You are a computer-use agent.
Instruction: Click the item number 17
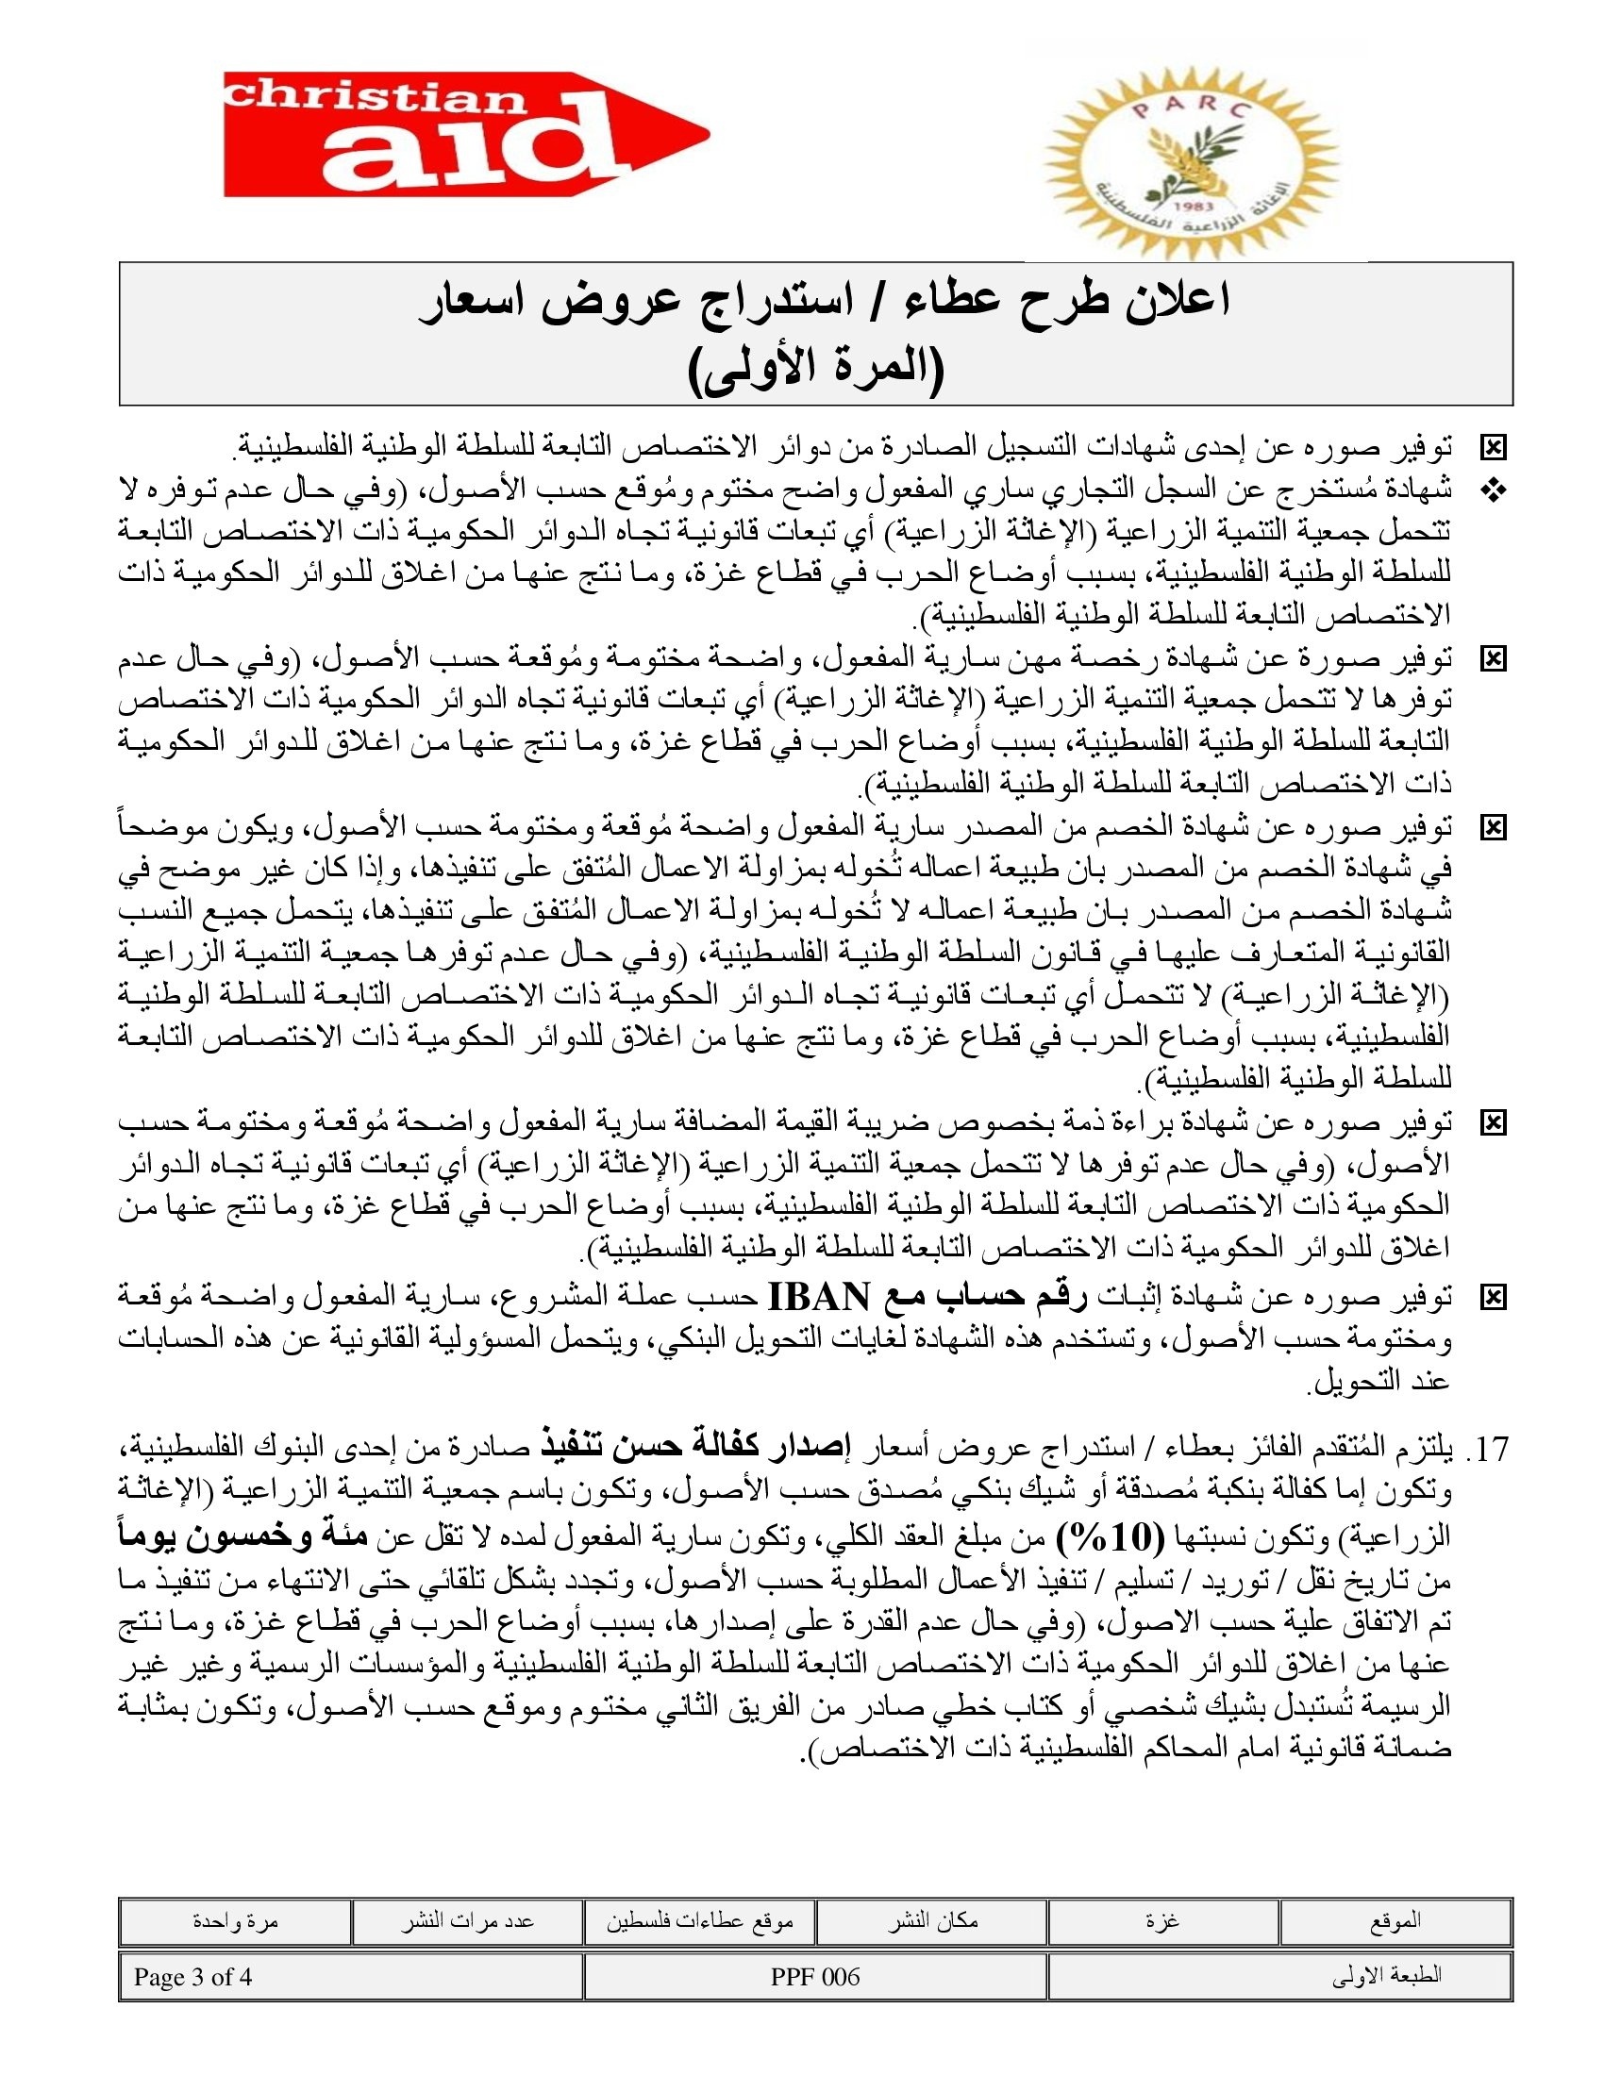click(1491, 1450)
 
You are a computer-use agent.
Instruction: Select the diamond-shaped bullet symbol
click(1494, 490)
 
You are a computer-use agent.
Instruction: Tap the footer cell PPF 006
click(815, 1977)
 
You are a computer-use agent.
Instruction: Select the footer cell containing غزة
click(1163, 1921)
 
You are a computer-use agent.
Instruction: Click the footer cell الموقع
click(1395, 1921)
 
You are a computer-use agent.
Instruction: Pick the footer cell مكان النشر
click(932, 1921)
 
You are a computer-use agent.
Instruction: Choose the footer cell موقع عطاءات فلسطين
click(699, 1921)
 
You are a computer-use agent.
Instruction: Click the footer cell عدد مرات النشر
click(466, 1921)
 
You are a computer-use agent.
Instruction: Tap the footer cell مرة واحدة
click(235, 1921)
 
